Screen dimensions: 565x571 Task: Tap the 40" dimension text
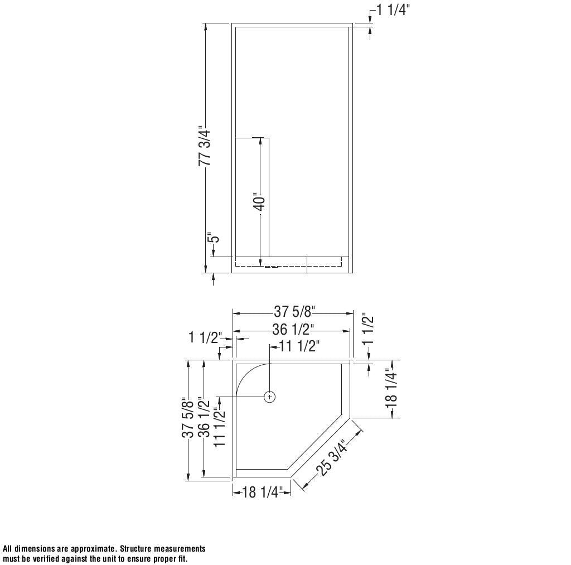[259, 202]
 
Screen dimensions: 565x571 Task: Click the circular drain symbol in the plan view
[270, 397]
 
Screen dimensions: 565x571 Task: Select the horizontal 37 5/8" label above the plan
[294, 311]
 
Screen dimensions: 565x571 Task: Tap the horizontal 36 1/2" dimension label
[293, 329]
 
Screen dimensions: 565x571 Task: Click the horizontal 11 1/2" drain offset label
[299, 346]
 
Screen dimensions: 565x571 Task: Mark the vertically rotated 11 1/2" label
[220, 427]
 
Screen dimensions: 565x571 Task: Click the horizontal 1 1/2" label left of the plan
[205, 337]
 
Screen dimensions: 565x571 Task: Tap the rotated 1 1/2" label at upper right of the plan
[368, 329]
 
